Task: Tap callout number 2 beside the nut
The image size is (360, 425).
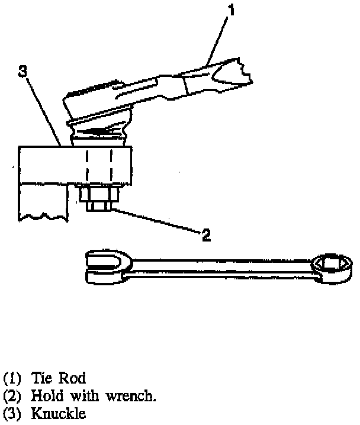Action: (x=205, y=235)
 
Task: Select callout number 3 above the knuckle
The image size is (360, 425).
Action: (x=22, y=72)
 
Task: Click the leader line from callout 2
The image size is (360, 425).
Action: (x=154, y=221)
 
